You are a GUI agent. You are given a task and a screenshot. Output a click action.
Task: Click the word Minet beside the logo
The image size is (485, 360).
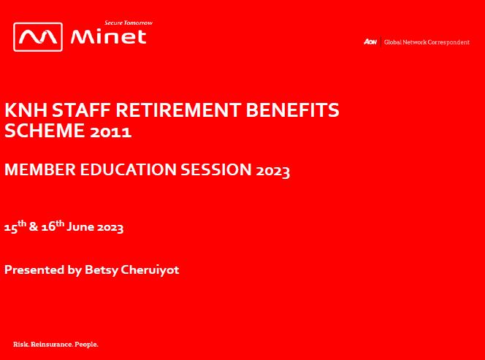tap(108, 37)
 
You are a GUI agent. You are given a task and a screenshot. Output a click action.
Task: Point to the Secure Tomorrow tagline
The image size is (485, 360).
tap(129, 23)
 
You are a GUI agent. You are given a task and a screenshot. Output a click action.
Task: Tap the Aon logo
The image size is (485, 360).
tap(370, 42)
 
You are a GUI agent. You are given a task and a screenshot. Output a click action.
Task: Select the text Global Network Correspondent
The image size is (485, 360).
tap(427, 42)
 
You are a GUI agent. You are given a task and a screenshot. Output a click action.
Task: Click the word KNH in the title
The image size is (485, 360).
tap(26, 110)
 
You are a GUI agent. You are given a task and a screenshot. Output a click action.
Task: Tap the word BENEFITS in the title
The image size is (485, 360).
tap(293, 110)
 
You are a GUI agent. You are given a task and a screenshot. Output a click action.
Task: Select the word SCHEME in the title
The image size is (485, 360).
tap(45, 130)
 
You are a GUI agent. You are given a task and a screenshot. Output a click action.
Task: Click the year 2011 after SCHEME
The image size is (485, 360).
tap(111, 131)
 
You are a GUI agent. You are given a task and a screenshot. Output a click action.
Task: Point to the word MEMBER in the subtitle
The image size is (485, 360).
tap(40, 169)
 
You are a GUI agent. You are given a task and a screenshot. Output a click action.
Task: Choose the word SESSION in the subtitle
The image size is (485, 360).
tap(216, 169)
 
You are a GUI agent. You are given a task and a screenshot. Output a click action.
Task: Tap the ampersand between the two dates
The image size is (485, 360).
tap(34, 226)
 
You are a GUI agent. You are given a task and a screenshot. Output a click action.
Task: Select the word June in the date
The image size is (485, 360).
tap(80, 226)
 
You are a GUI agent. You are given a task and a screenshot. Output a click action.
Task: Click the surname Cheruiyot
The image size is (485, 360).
tap(150, 269)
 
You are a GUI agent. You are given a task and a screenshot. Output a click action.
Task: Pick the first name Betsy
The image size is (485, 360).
tap(102, 270)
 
